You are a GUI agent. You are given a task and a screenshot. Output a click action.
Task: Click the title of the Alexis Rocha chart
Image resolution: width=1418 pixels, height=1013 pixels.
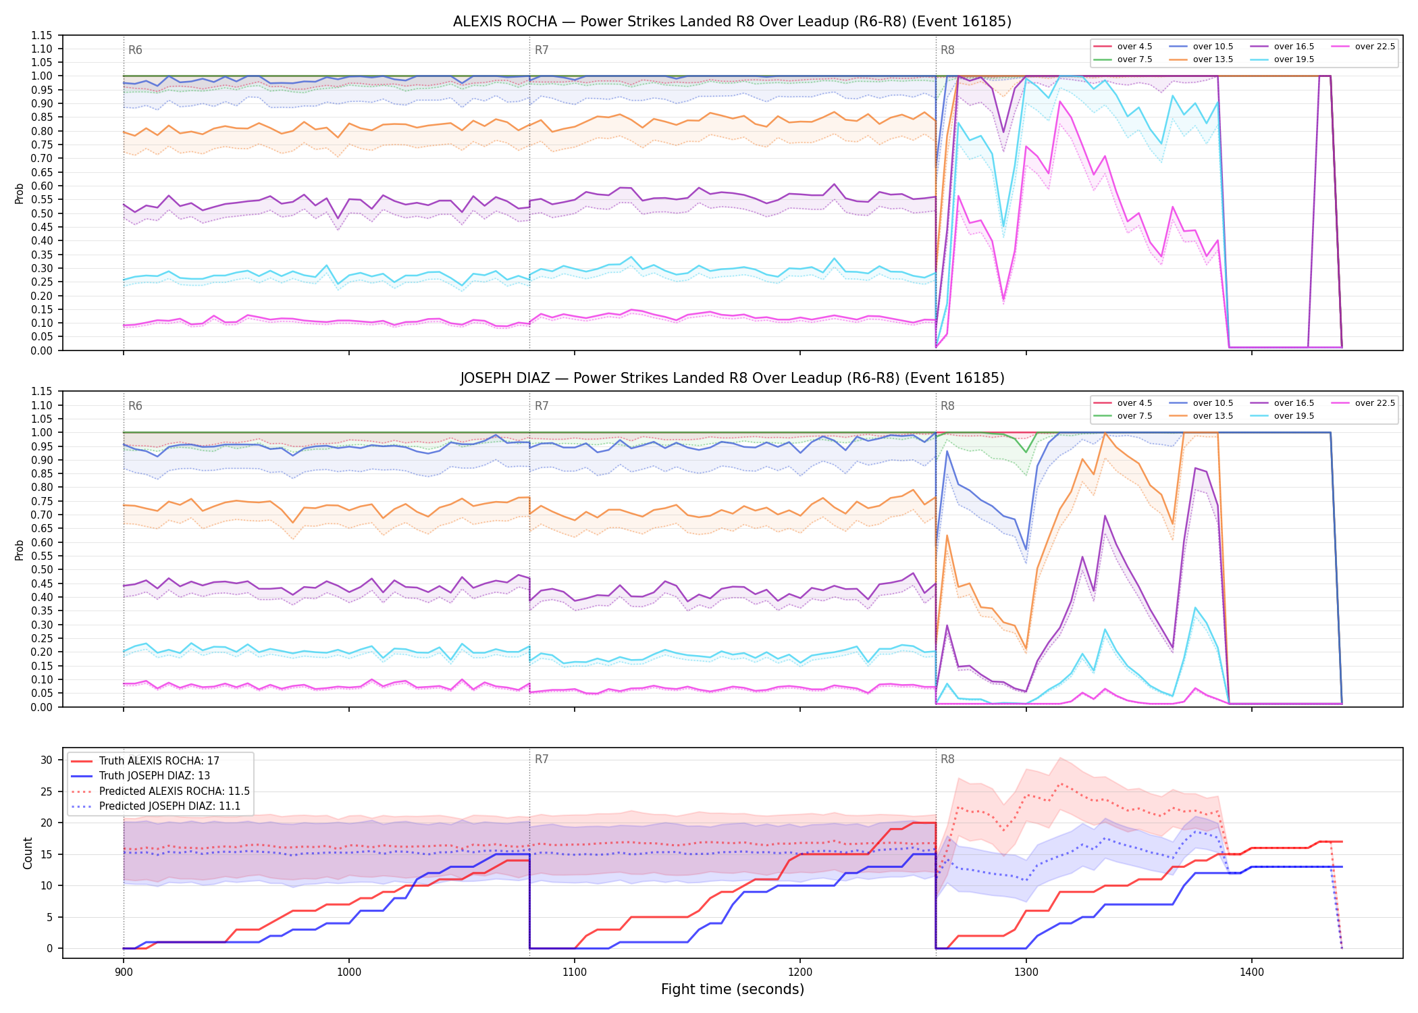(732, 22)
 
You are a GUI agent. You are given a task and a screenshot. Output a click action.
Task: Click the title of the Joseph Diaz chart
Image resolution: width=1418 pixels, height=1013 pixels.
(732, 378)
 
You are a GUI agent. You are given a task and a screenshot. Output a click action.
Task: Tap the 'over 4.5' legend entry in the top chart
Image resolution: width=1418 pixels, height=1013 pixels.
(1122, 47)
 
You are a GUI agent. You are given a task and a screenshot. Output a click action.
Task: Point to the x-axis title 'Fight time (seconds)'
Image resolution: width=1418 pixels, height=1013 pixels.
(733, 989)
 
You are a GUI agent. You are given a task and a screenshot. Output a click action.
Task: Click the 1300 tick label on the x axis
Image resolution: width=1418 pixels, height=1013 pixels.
(1026, 972)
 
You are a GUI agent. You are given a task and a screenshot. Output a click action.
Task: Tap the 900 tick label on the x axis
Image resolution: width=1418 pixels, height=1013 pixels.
(123, 972)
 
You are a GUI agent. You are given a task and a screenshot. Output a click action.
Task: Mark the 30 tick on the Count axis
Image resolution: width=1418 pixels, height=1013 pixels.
(46, 760)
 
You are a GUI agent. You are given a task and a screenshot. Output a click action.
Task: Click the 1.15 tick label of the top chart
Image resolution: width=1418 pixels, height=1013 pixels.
(41, 35)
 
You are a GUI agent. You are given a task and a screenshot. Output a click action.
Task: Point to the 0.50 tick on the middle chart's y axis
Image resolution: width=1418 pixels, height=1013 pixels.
(41, 569)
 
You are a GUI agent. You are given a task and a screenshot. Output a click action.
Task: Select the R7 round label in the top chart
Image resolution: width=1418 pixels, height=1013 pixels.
(542, 50)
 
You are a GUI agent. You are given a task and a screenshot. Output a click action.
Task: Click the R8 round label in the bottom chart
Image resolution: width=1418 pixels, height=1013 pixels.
(947, 759)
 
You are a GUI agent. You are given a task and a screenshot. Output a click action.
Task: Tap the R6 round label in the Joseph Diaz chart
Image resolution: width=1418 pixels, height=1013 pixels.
(135, 406)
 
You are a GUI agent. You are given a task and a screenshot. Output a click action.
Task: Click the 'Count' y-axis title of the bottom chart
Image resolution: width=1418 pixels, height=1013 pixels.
(28, 853)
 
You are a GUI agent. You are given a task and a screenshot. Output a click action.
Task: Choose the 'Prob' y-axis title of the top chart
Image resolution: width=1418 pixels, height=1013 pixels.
(20, 193)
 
